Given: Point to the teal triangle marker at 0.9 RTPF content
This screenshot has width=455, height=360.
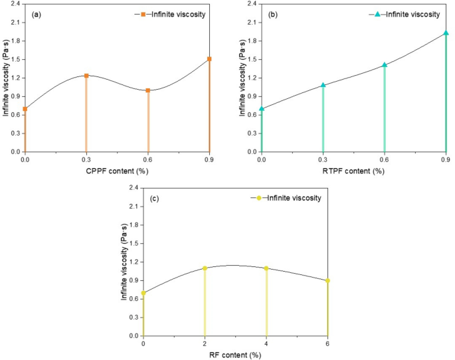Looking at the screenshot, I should click(x=446, y=33).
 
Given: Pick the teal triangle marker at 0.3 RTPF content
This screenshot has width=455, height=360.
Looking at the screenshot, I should click(x=323, y=85).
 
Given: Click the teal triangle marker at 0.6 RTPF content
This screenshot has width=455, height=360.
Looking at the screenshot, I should click(x=385, y=65).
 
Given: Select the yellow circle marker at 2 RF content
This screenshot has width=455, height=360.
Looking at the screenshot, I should click(x=205, y=268).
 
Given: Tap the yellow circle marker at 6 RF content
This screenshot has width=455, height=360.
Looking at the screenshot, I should click(x=327, y=281).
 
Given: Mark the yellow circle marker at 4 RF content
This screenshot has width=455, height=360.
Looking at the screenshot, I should click(x=266, y=268).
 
